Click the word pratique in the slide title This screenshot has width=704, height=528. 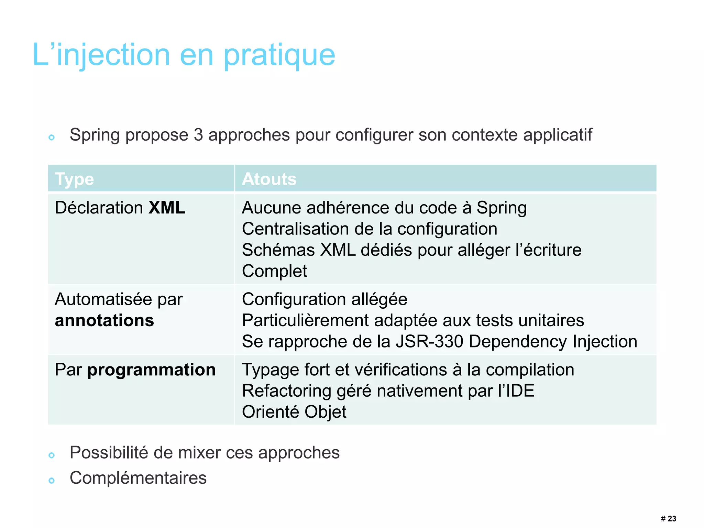pyautogui.click(x=279, y=56)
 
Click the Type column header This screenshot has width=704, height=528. pyautogui.click(x=74, y=179)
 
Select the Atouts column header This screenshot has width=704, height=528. pyautogui.click(x=269, y=179)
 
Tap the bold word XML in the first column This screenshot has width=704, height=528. pyautogui.click(x=167, y=208)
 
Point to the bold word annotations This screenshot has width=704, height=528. pyautogui.click(x=104, y=320)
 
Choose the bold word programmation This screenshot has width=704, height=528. pyautogui.click(x=151, y=370)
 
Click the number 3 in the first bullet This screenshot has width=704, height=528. pyautogui.click(x=198, y=135)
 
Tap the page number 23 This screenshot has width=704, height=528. pyautogui.click(x=672, y=518)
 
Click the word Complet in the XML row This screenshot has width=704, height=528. pyautogui.click(x=274, y=271)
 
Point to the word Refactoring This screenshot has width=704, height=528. pyautogui.click(x=286, y=391)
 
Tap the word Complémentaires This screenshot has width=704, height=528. pyautogui.click(x=138, y=478)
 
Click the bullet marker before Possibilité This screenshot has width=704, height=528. pyautogui.click(x=52, y=455)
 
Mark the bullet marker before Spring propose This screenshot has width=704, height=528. pyautogui.click(x=52, y=137)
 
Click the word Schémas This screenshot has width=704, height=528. pyautogui.click(x=278, y=250)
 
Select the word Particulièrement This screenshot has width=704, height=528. pyautogui.click(x=305, y=320)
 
